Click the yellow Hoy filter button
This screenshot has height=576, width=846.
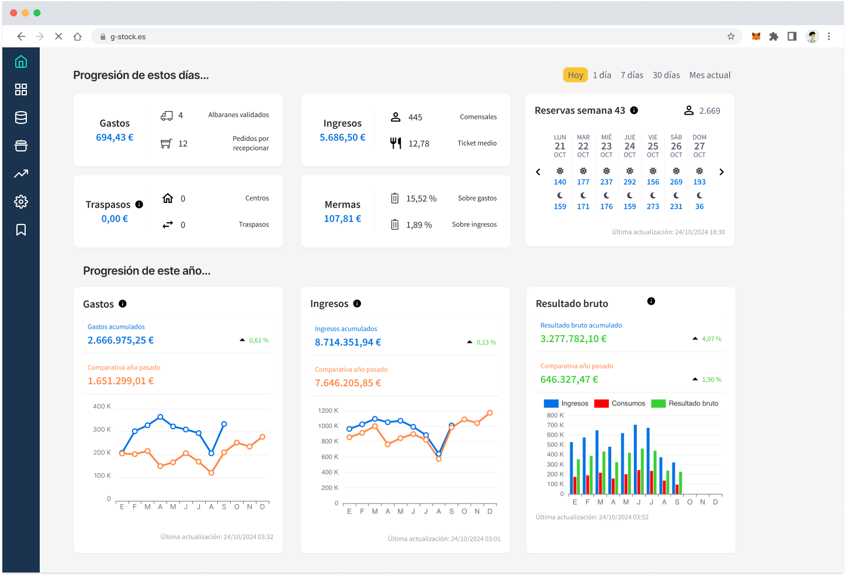575,75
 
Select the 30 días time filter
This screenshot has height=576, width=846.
666,75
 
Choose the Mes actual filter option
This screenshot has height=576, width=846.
709,75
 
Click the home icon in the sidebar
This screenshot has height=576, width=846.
21,61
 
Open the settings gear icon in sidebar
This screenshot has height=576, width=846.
21,202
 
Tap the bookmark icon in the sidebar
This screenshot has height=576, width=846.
21,230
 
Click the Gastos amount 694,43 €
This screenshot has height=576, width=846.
115,137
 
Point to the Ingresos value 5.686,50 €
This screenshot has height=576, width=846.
342,137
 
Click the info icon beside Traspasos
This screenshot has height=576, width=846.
139,205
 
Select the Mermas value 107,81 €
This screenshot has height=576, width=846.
342,219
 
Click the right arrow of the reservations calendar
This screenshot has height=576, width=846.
722,172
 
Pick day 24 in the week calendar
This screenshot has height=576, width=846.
629,146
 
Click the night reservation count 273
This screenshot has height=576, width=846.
653,206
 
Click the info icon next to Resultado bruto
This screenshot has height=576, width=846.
651,301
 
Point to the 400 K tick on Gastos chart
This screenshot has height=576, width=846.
102,406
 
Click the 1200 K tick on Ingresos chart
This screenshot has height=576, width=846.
328,411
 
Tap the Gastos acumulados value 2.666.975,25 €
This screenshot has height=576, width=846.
121,340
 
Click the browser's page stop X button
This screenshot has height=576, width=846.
58,36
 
